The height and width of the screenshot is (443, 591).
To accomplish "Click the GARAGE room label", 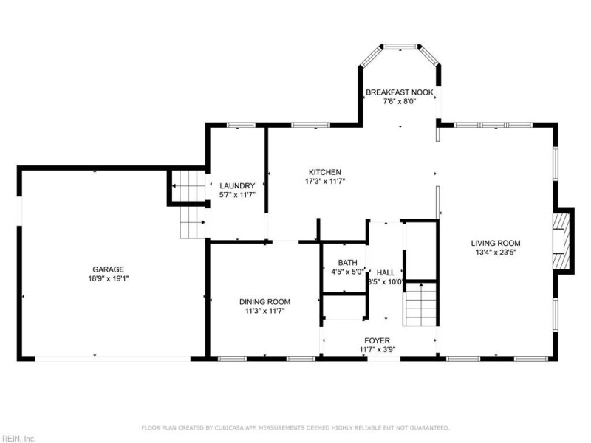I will (x=108, y=269).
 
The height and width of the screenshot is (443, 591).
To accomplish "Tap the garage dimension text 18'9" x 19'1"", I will (x=108, y=279).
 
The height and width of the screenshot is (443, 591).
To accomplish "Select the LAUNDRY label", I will (x=237, y=185).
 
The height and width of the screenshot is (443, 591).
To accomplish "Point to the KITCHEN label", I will (x=325, y=171).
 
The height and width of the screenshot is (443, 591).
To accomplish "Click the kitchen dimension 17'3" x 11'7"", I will (x=325, y=181).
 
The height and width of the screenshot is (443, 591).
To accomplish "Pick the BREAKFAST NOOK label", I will (x=400, y=92).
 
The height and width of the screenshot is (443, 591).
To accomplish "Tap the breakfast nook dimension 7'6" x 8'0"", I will (x=400, y=102).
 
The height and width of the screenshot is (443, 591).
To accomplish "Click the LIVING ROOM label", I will (x=496, y=243).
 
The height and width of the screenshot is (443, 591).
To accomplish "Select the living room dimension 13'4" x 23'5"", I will (x=496, y=253).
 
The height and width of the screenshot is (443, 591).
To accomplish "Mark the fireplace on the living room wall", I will (x=563, y=241).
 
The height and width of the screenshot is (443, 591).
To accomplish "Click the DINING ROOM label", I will (x=264, y=301).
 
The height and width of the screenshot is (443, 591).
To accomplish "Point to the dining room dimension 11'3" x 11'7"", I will (x=264, y=311).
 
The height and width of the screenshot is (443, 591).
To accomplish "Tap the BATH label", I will (x=347, y=262).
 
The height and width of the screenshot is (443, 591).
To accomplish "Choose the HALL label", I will (x=386, y=272).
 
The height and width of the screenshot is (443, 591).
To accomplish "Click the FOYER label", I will (x=377, y=340).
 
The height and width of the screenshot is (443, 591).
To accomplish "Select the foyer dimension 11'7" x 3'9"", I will (x=377, y=349).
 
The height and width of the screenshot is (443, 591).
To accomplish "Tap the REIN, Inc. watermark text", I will (x=19, y=438).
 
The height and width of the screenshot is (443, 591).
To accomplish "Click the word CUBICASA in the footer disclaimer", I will (x=232, y=427).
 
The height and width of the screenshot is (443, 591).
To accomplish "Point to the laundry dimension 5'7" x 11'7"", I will (x=237, y=195).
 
